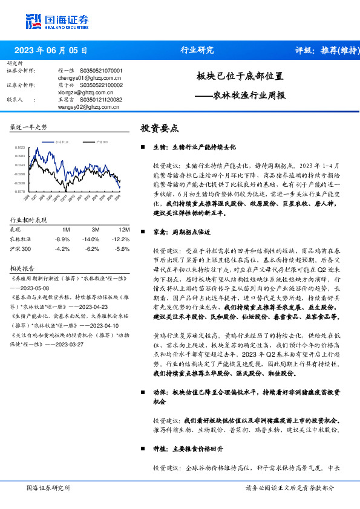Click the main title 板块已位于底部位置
240,77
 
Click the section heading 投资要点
160,128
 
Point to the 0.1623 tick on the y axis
20,148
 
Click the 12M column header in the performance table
125,230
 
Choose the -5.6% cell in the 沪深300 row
122,248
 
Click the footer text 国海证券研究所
48,488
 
